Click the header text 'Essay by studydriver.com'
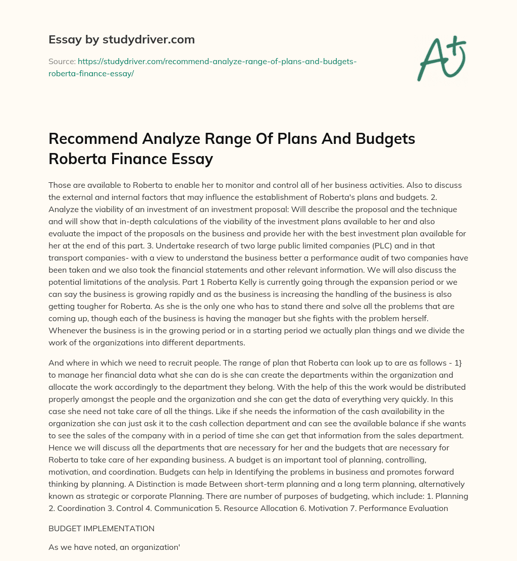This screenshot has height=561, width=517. pyautogui.click(x=121, y=39)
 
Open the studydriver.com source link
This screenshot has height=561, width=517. pyautogui.click(x=202, y=67)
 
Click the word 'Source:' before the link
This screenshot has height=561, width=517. pyautogui.click(x=62, y=61)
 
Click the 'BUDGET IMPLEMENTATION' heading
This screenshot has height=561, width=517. pyautogui.click(x=101, y=528)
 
